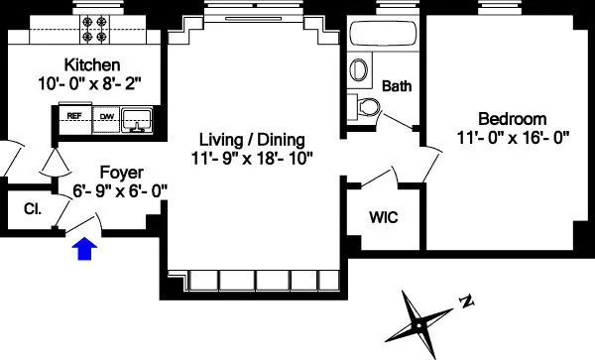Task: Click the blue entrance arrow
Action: click(x=86, y=248)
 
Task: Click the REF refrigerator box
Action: click(x=73, y=116)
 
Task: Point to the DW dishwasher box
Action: click(x=106, y=116)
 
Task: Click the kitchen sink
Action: click(x=139, y=120)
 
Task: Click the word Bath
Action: click(x=397, y=86)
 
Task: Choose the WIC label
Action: click(x=383, y=216)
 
